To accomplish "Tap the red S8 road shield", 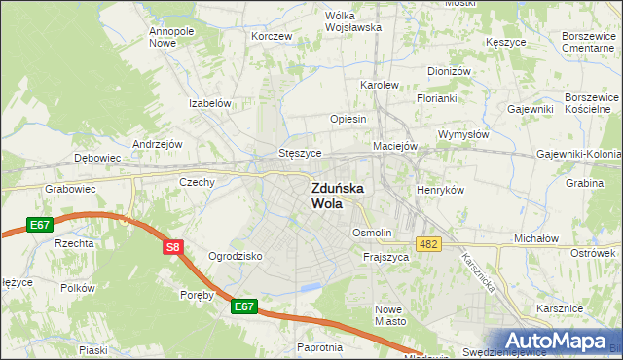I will coord(172,248).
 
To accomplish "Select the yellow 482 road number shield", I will coord(427,242).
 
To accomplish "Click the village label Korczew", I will coord(272,36).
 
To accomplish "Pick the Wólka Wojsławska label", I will coord(352,21).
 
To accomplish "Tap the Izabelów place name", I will coord(209,103).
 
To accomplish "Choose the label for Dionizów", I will coord(449,72).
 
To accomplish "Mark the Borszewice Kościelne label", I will coord(591,104).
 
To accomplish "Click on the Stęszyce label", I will coord(300,153).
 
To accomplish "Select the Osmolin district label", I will coord(371,234).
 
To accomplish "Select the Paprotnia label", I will coord(320,347).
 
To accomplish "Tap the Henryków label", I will coord(440,190).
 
